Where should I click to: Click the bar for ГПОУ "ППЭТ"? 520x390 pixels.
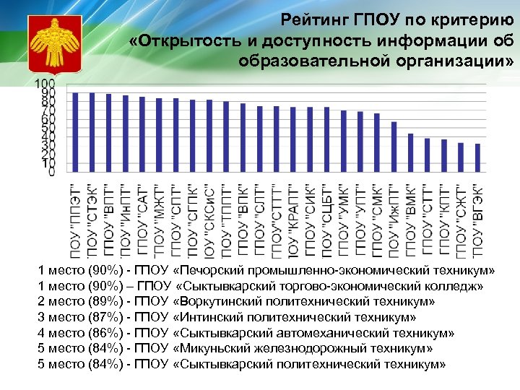point(75,131)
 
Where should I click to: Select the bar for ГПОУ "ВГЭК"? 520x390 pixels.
point(477,157)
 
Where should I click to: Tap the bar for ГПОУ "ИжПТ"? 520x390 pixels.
point(394,147)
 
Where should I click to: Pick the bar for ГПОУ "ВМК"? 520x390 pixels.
point(410,152)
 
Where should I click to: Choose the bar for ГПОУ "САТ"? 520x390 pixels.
point(142,134)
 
